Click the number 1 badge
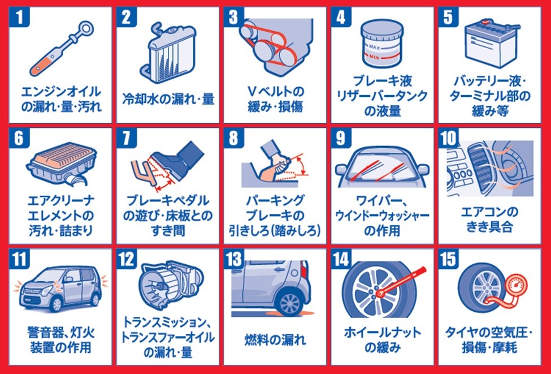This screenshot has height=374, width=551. click(x=19, y=17)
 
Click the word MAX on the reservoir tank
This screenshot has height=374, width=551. click(x=374, y=47)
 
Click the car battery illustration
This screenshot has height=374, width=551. click(x=491, y=43)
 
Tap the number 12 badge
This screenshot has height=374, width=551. click(x=127, y=259)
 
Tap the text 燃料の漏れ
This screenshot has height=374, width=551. click(x=275, y=340)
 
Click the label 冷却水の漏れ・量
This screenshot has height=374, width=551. click(x=168, y=98)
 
